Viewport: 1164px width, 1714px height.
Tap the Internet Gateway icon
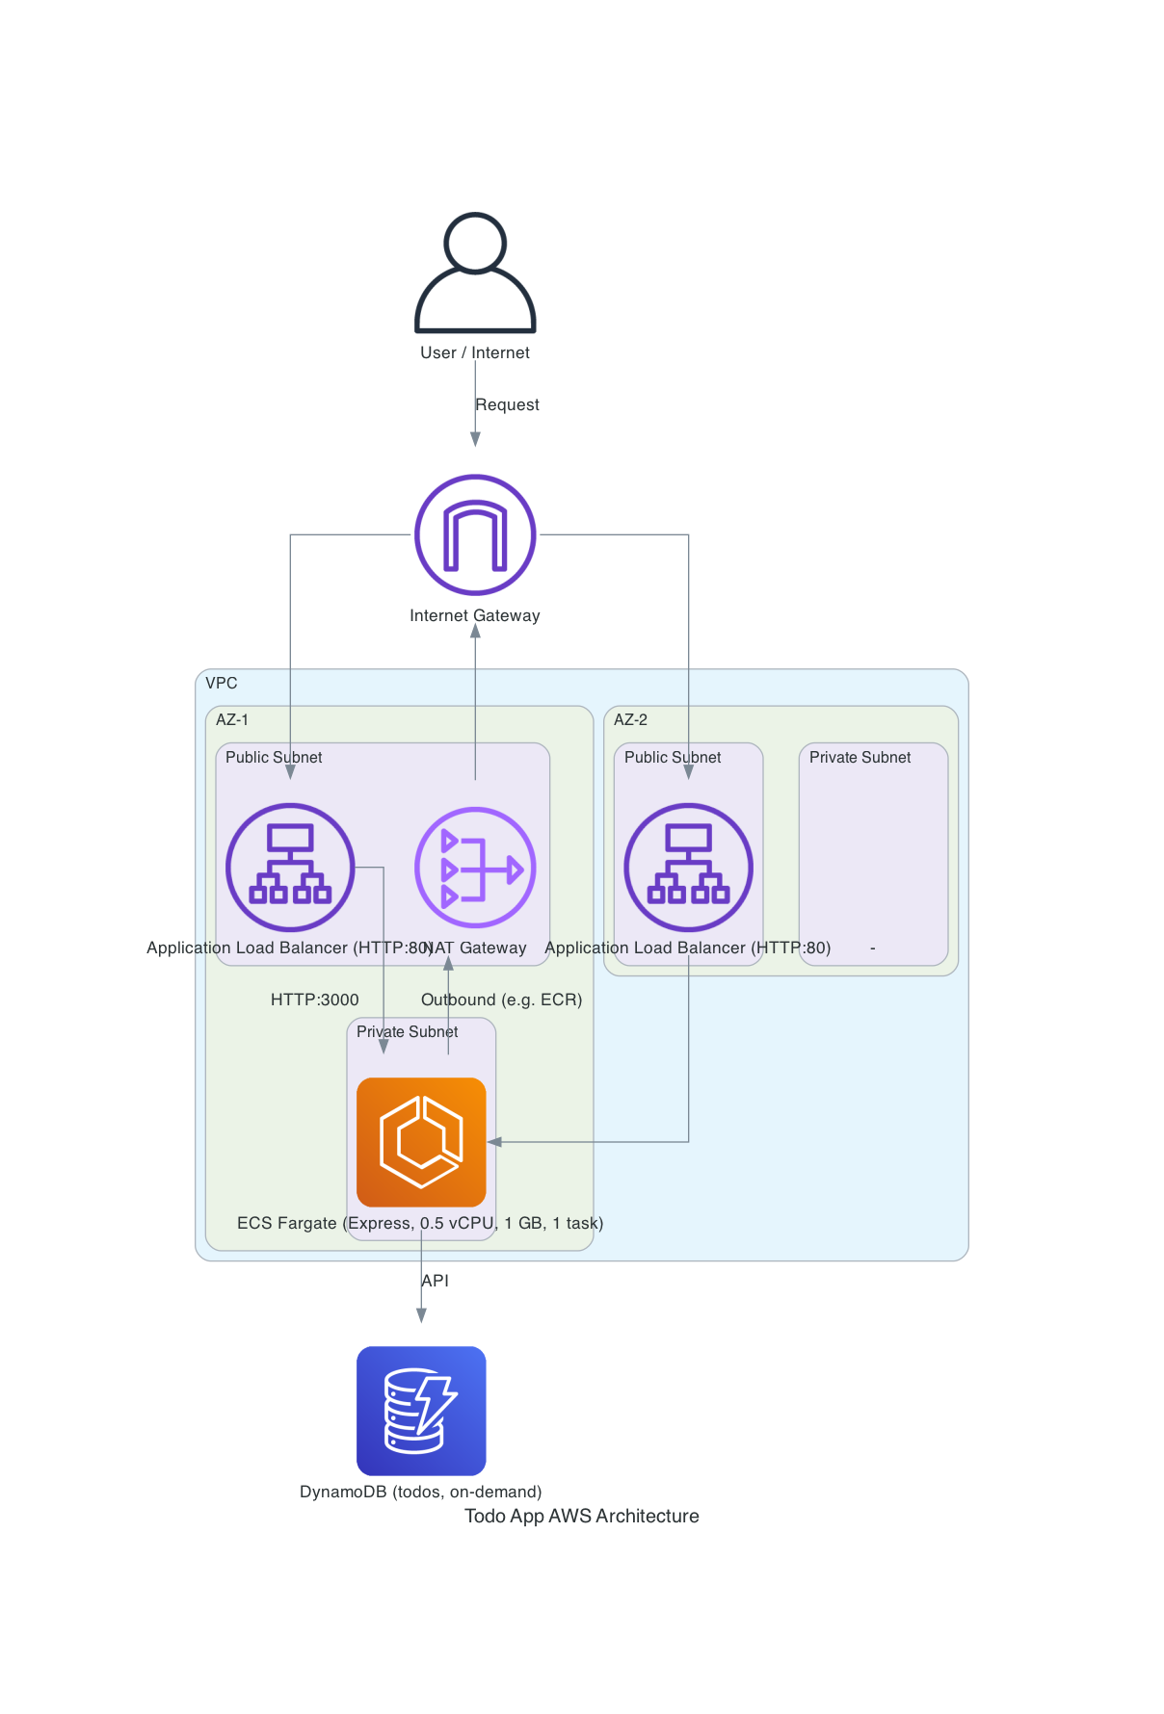475,534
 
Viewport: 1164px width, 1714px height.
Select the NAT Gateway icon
475,868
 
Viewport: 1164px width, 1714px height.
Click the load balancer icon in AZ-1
290,868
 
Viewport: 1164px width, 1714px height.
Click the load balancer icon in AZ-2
688,868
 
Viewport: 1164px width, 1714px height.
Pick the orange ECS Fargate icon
421,1142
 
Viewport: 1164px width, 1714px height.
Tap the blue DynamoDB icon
421,1411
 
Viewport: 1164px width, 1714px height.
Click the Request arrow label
507,405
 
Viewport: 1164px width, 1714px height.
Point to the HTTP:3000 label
314,1000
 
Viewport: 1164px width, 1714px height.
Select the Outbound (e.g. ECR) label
501,1000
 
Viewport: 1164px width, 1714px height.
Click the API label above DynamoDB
435,1281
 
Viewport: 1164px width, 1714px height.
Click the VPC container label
222,684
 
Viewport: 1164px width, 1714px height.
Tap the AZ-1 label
232,720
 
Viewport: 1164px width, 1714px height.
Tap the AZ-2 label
630,720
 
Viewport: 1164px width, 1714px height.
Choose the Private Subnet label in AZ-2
860,758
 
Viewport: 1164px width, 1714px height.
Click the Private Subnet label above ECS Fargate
407,1032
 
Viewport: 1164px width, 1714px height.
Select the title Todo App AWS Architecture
582,1517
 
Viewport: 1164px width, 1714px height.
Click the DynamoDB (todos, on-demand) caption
420,1493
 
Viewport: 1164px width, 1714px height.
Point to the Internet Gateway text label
474,616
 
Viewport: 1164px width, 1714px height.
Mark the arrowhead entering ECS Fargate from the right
494,1142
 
